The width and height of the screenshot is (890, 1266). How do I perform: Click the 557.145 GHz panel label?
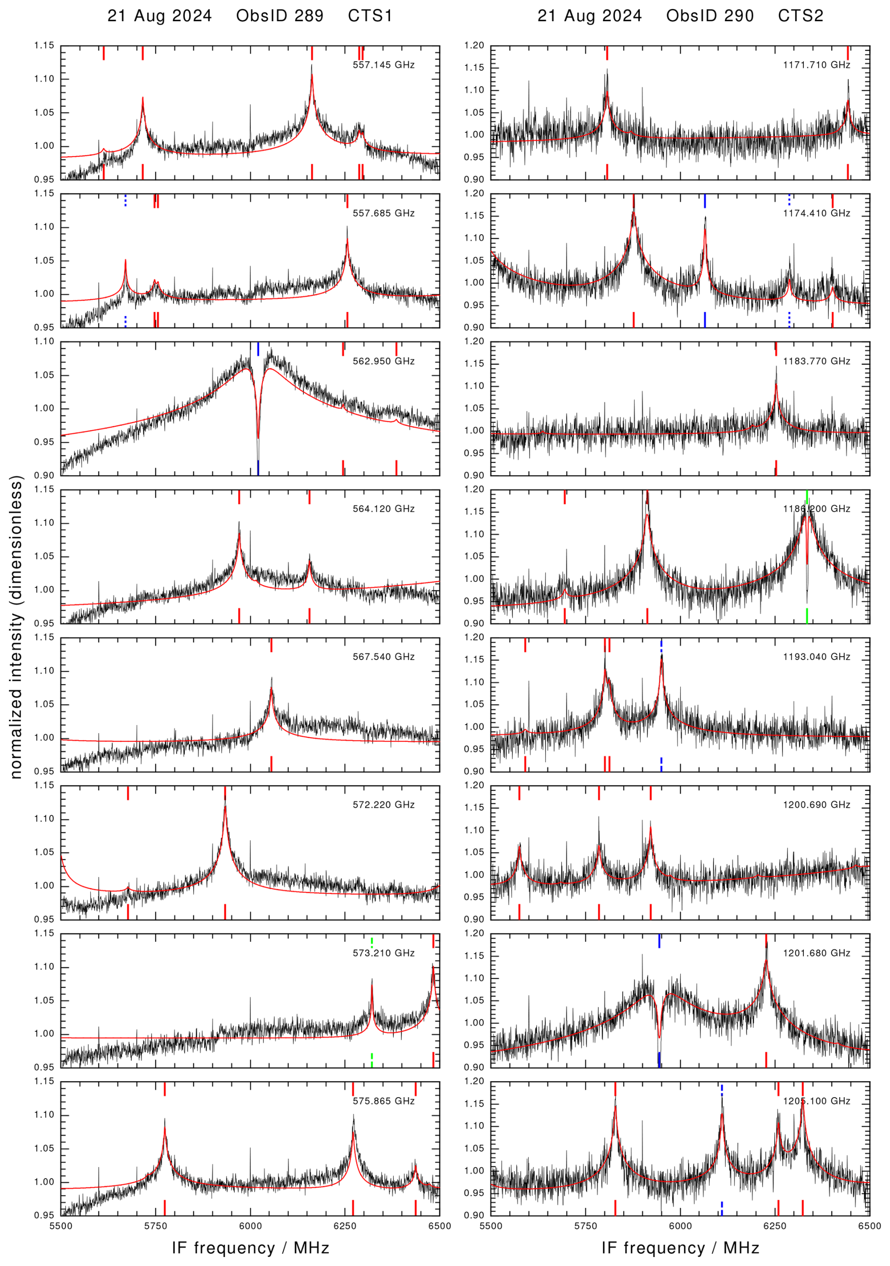(383, 65)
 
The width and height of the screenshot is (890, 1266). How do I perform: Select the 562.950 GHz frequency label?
(383, 361)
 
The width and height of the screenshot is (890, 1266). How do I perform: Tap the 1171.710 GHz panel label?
(816, 65)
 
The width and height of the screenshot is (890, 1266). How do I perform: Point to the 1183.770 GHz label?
(816, 361)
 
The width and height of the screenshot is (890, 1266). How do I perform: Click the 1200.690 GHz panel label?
(816, 805)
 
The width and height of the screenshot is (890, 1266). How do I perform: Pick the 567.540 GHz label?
(383, 657)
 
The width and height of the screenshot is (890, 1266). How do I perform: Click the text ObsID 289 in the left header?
(279, 16)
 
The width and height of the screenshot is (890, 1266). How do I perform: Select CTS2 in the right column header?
(800, 16)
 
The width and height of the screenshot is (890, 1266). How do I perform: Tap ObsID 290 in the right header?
(710, 16)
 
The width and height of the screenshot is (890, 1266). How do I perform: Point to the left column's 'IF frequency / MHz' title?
(250, 1248)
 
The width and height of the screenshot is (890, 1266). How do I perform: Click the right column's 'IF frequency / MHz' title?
(681, 1248)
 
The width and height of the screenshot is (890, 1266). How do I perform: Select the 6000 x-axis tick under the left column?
(250, 1226)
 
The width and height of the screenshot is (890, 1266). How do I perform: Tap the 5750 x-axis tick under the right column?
(586, 1226)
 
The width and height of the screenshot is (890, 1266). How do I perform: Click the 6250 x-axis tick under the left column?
(345, 1226)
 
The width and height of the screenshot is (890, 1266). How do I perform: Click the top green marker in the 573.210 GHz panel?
(372, 943)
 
